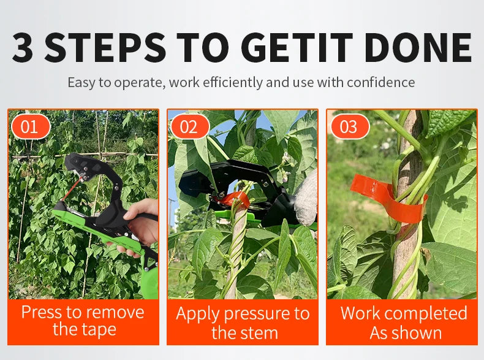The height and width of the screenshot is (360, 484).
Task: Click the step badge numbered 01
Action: click(31, 126)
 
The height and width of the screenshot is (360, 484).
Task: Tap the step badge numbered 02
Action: click(190, 126)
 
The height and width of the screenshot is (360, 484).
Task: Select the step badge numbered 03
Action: click(350, 126)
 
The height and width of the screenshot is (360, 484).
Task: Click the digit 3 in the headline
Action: click(23, 47)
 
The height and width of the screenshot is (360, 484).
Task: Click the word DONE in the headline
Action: click(418, 47)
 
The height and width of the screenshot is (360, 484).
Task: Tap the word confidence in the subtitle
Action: click(380, 82)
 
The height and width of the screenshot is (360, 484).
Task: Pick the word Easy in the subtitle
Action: click(81, 83)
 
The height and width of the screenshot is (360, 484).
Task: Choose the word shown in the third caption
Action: click(417, 333)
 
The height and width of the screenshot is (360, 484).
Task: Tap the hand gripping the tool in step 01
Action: click(140, 226)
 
